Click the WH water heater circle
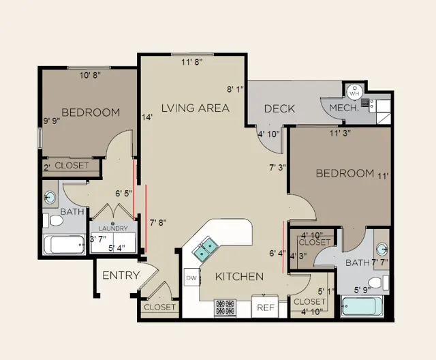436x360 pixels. pyautogui.click(x=354, y=93)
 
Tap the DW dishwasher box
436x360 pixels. pyautogui.click(x=191, y=277)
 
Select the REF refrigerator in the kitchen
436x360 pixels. pyautogui.click(x=265, y=306)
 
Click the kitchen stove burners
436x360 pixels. pyautogui.click(x=225, y=307)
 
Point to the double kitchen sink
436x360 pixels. pyautogui.click(x=206, y=248)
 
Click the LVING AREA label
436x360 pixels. pyautogui.click(x=196, y=108)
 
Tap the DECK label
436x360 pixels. pyautogui.click(x=279, y=108)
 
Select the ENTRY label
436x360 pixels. pyautogui.click(x=121, y=275)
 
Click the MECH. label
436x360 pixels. pyautogui.click(x=344, y=108)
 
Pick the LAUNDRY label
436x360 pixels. pyautogui.click(x=113, y=228)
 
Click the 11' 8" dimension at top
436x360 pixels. pyautogui.click(x=192, y=62)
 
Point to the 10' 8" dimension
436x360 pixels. pyautogui.click(x=90, y=75)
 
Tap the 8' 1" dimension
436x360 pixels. pyautogui.click(x=235, y=89)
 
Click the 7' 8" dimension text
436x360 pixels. pyautogui.click(x=158, y=222)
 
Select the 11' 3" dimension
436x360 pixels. pyautogui.click(x=340, y=133)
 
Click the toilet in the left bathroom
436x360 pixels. pyautogui.click(x=53, y=220)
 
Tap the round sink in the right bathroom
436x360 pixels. pyautogui.click(x=382, y=249)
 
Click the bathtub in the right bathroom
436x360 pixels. pyautogui.click(x=362, y=306)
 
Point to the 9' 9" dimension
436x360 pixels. pyautogui.click(x=52, y=121)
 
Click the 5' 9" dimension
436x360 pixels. pyautogui.click(x=362, y=290)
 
